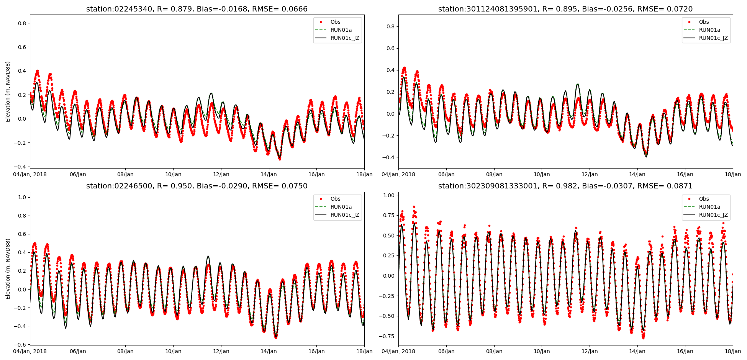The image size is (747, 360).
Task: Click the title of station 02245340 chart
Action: click(x=197, y=9)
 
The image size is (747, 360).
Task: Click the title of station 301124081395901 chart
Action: click(x=565, y=9)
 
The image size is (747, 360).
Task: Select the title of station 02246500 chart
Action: click(x=197, y=186)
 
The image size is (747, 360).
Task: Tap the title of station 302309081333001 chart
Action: click(x=565, y=186)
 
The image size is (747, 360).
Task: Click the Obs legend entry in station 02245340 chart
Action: click(x=335, y=22)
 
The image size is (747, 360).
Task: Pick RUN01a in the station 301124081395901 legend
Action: click(x=709, y=30)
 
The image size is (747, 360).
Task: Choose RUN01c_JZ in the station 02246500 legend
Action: click(x=345, y=215)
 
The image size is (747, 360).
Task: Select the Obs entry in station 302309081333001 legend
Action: click(x=704, y=199)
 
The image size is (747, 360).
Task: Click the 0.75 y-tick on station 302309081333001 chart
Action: click(x=388, y=215)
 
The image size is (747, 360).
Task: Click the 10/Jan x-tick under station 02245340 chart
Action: click(x=173, y=174)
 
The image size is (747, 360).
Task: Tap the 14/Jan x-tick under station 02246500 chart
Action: click(x=269, y=351)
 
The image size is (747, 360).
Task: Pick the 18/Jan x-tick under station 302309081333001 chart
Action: click(x=732, y=351)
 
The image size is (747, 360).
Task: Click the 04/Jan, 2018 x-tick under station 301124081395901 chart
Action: click(x=398, y=174)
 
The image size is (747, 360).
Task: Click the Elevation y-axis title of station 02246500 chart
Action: click(x=8, y=268)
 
